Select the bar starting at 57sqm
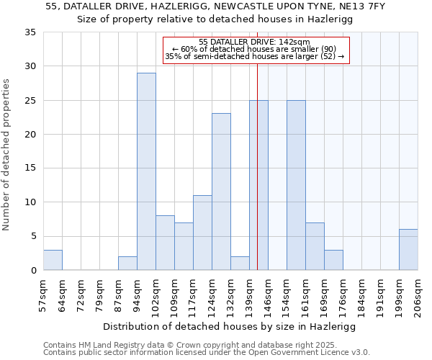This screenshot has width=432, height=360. pos(53,260)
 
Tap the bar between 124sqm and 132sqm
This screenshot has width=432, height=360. pos(221,192)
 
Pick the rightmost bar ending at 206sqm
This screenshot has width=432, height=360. pos(408,250)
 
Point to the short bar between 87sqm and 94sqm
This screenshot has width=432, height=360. pos(127,264)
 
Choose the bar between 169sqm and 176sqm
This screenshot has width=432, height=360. pos(333,260)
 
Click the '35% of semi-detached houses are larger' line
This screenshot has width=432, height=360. pos(254,56)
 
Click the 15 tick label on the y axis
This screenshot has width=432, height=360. pos(30,168)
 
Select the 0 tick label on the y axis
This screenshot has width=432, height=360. pos(33,271)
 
